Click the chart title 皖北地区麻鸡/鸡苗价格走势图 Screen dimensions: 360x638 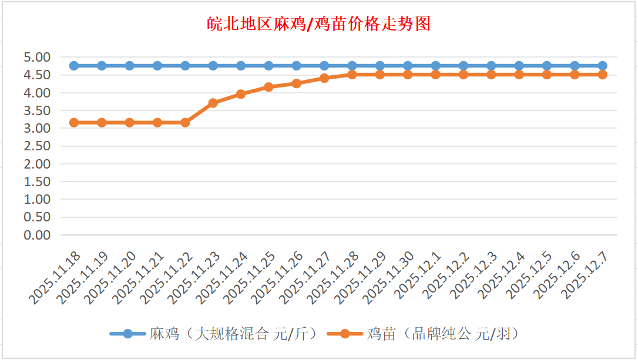click(319, 24)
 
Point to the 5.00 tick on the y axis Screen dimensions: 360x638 click(37, 57)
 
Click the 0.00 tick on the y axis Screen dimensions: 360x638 click(37, 235)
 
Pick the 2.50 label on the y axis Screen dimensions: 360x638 click(37, 146)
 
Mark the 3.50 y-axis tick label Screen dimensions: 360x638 click(37, 110)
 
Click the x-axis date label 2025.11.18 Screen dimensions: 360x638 click(56, 277)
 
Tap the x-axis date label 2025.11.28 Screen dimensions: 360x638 click(334, 277)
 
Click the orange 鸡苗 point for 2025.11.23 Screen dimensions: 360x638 click(213, 103)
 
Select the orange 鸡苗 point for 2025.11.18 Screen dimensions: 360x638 click(74, 122)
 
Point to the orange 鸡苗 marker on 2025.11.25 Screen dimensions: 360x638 click(268, 87)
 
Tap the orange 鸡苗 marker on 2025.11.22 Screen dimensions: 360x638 click(185, 122)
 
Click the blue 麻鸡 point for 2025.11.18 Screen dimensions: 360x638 click(74, 66)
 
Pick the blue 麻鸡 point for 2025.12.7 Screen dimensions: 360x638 click(602, 66)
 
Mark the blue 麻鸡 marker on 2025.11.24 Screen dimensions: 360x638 click(241, 66)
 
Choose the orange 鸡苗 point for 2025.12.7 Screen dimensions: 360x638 click(602, 75)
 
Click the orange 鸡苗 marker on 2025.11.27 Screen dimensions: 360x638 click(324, 78)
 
